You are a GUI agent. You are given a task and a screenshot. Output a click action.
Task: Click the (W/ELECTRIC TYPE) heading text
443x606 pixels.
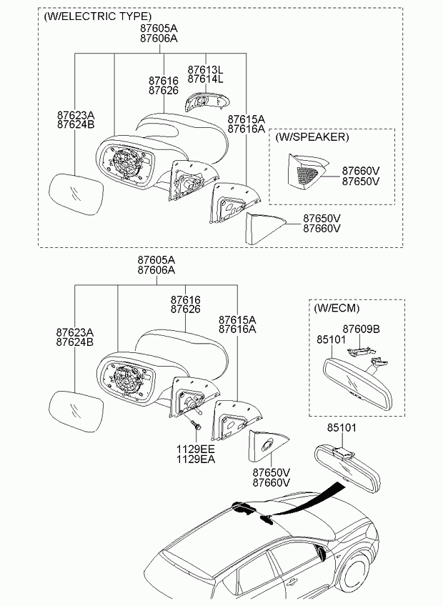click(x=97, y=16)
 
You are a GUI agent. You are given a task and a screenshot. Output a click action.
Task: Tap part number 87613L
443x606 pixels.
click(x=205, y=69)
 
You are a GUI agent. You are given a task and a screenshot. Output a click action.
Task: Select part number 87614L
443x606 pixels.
click(x=205, y=79)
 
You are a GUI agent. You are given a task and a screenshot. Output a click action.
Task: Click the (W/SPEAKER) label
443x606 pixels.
click(x=312, y=136)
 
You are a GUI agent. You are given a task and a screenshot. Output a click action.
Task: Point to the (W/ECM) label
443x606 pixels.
click(x=337, y=308)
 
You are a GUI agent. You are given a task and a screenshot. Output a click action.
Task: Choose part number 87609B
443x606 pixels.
click(x=361, y=329)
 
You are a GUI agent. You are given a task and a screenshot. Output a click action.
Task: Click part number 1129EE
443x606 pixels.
click(x=196, y=449)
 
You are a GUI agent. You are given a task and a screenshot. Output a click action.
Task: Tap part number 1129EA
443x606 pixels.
click(x=196, y=459)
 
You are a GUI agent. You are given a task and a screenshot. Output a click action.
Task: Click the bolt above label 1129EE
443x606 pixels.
click(x=196, y=424)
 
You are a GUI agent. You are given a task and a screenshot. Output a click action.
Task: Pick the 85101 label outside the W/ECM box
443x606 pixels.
click(x=342, y=428)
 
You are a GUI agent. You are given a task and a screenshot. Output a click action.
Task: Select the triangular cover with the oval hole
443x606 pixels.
click(x=268, y=445)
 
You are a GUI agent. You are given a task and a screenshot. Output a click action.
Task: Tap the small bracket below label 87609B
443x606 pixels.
click(x=362, y=351)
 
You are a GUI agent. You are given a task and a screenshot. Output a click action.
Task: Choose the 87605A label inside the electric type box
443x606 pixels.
click(x=159, y=28)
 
